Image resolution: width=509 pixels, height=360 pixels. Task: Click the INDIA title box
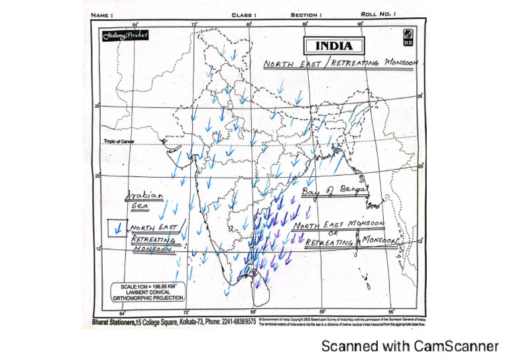click(x=334, y=46)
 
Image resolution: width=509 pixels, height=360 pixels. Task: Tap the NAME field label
click(x=97, y=13)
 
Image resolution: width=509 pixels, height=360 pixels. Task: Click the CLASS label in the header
click(x=244, y=13)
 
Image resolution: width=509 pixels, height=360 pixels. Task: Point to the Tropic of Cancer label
click(x=119, y=141)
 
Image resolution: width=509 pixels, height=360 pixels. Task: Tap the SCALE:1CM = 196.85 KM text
click(x=143, y=286)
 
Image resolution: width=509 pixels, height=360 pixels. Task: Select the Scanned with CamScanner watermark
click(x=410, y=346)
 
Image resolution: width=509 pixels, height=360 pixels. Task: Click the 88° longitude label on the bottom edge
click(x=323, y=312)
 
